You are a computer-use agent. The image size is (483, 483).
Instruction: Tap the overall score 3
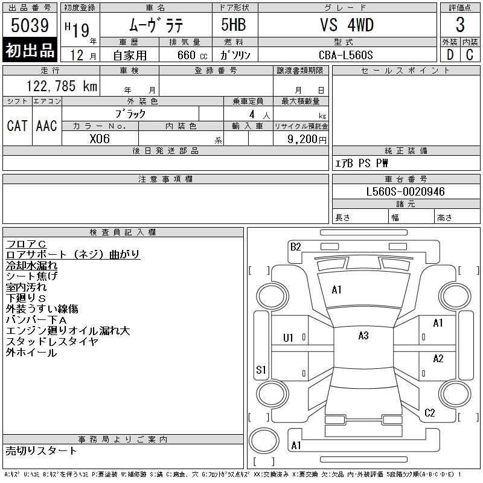pyautogui.click(x=460, y=25)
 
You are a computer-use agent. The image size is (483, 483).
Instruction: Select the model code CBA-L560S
pyautogui.click(x=346, y=54)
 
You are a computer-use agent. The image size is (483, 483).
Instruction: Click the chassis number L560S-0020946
pyautogui.click(x=406, y=192)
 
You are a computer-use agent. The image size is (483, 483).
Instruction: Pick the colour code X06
pyautogui.click(x=100, y=138)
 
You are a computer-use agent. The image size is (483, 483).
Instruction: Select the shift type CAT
pyautogui.click(x=17, y=126)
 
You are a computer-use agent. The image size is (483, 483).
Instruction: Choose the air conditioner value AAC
pyautogui.click(x=46, y=126)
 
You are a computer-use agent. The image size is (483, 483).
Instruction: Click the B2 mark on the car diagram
pyautogui.click(x=295, y=246)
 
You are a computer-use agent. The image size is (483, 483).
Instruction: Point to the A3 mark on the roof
pyautogui.click(x=363, y=336)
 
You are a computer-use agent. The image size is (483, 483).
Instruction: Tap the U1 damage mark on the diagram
pyautogui.click(x=288, y=338)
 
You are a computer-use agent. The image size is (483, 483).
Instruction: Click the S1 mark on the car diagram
pyautogui.click(x=261, y=369)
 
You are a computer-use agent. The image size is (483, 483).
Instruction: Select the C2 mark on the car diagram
pyautogui.click(x=429, y=413)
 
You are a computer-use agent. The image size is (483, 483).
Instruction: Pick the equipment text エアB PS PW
pyautogui.click(x=362, y=163)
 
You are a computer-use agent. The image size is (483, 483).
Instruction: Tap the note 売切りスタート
pyautogui.click(x=41, y=450)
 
